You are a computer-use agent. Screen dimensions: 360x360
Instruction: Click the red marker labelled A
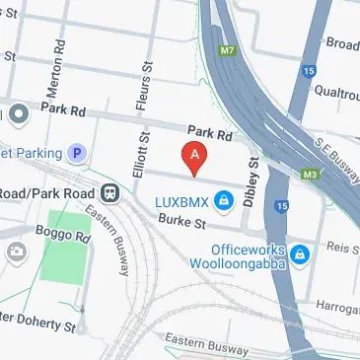point(195,156)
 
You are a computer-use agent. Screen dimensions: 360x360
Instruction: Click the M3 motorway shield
point(310,176)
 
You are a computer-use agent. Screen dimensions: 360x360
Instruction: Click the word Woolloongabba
point(235,266)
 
